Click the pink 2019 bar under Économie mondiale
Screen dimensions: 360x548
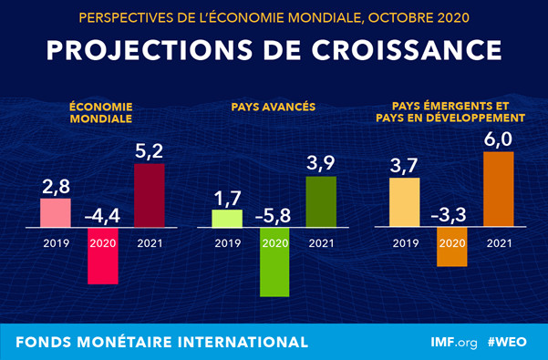(55, 212)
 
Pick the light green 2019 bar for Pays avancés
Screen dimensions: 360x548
(227, 218)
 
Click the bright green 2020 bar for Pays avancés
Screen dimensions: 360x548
(274, 262)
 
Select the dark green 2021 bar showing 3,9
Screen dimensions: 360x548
(322, 201)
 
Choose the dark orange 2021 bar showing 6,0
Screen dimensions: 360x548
(498, 189)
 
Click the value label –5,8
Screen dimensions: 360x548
(274, 215)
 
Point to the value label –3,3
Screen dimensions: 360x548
(451, 215)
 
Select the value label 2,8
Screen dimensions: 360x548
(55, 186)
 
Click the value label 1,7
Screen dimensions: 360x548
(227, 197)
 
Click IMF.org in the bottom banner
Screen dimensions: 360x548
(453, 343)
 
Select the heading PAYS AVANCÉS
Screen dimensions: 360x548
(274, 107)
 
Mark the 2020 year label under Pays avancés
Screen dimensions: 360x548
(274, 244)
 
